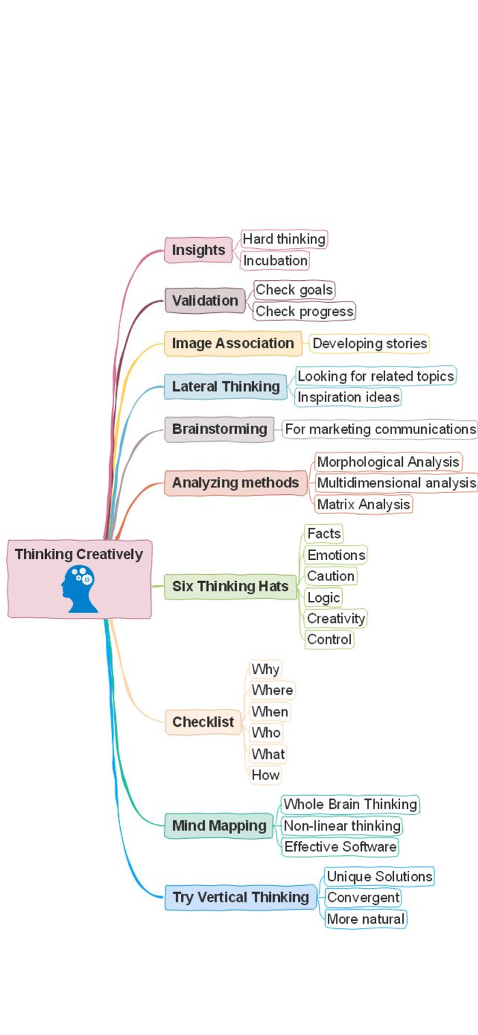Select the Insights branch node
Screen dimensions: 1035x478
[x=198, y=250]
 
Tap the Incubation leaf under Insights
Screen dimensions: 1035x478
[x=275, y=260]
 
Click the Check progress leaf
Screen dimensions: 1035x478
[x=305, y=311]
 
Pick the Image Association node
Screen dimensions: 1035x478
[x=232, y=343]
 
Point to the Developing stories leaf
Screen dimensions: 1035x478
[x=369, y=343]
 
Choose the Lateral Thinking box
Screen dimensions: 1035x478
[x=225, y=386]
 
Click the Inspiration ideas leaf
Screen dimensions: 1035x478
[x=348, y=397]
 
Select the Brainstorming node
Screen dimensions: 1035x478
[x=219, y=429]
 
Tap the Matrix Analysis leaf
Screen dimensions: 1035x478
[x=363, y=505]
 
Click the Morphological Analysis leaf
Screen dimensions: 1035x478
[x=388, y=462]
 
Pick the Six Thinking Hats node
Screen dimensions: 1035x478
[x=230, y=587]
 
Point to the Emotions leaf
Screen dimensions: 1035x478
[x=336, y=554]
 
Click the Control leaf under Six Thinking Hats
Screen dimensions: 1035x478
[x=329, y=640]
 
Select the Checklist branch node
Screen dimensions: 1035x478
[x=203, y=722]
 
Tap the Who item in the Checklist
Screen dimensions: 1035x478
[x=266, y=733]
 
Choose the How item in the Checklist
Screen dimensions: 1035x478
[x=265, y=775]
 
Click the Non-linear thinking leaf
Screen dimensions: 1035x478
[x=341, y=826]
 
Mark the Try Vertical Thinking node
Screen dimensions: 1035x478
[x=240, y=898]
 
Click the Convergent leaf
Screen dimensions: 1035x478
[x=363, y=898]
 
